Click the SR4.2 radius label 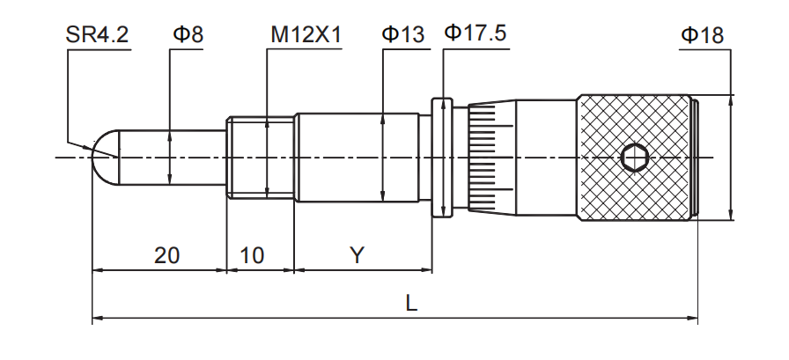coord(97,35)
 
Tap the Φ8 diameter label coord(188,35)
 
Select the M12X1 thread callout coord(306,35)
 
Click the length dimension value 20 coord(167,255)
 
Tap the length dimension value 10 coord(252,255)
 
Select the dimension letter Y coord(357,255)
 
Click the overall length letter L coord(411,303)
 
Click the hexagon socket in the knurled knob coord(633,158)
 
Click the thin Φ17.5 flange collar coord(442,158)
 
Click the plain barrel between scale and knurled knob coord(546,158)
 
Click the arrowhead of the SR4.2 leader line coord(94,151)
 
